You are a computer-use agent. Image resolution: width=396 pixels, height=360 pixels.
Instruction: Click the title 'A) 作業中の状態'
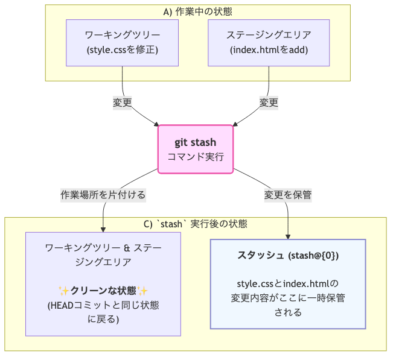197,11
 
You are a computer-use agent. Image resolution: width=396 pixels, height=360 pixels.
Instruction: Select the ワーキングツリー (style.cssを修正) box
123,42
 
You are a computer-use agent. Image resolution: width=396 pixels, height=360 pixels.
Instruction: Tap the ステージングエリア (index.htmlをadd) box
269,42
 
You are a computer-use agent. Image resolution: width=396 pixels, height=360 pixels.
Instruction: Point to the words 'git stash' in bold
195,142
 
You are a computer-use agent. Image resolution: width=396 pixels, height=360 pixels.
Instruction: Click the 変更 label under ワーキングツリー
123,103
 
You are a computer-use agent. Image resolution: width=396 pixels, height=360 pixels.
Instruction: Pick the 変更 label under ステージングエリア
269,103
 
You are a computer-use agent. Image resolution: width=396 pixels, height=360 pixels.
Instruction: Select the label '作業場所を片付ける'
103,195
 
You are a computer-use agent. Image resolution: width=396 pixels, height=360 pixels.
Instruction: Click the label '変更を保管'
287,195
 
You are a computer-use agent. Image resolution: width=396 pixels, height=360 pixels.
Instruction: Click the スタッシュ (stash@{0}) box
288,284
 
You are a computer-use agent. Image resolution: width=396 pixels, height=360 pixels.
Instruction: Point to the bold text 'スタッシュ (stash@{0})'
288,256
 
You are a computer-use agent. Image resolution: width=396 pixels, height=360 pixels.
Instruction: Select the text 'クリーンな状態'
103,291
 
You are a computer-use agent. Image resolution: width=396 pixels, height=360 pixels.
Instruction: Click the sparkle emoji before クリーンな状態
63,291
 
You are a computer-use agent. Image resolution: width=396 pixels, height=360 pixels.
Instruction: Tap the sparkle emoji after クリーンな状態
142,291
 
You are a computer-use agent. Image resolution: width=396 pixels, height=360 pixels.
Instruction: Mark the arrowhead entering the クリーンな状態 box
103,229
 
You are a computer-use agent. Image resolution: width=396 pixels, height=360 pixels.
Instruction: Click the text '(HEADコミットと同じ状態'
103,305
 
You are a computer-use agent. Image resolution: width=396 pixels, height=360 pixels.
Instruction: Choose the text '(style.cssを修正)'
123,49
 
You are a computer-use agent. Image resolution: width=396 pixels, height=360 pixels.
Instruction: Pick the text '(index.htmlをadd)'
269,49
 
